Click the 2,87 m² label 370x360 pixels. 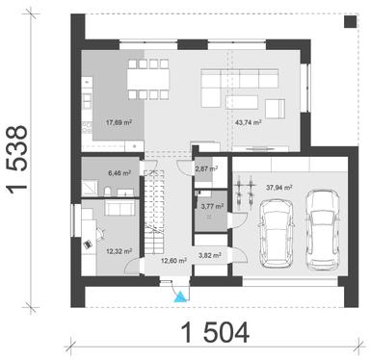click(206, 168)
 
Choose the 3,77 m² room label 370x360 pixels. click(209, 205)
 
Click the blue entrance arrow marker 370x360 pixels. click(176, 296)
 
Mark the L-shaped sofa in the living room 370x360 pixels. click(225, 87)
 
